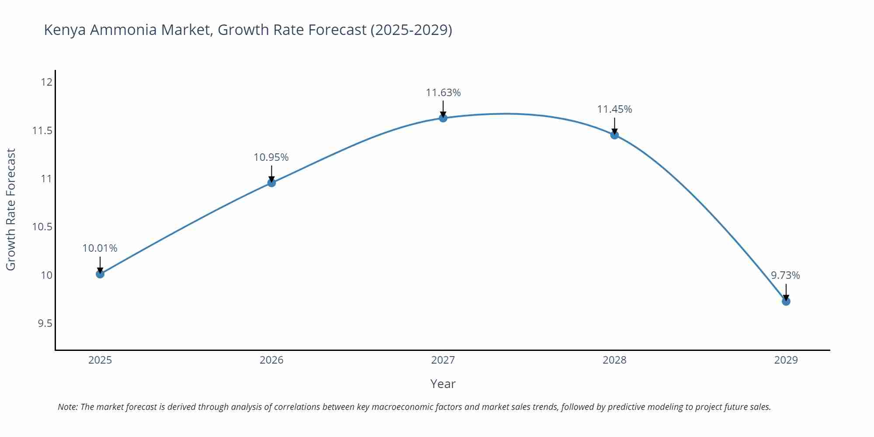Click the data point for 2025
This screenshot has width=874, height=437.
pyautogui.click(x=100, y=274)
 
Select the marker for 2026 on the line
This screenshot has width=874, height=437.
pyautogui.click(x=271, y=183)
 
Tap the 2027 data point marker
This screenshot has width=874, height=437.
pyautogui.click(x=443, y=118)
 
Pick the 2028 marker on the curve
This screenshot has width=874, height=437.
pyautogui.click(x=614, y=135)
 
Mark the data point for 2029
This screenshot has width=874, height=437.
pyautogui.click(x=786, y=301)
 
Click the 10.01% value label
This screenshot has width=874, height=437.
pyautogui.click(x=100, y=248)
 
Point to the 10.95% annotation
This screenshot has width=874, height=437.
pyautogui.click(x=271, y=157)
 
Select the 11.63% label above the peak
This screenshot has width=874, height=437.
pyautogui.click(x=443, y=93)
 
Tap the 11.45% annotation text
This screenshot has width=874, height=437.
pyautogui.click(x=614, y=109)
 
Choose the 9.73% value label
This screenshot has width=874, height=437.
pyautogui.click(x=785, y=275)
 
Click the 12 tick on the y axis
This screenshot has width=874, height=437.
pyautogui.click(x=47, y=82)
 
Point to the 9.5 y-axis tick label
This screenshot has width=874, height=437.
pyautogui.click(x=45, y=323)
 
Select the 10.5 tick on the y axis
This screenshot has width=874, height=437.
pyautogui.click(x=42, y=227)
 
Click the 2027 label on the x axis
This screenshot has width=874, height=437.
pyautogui.click(x=443, y=360)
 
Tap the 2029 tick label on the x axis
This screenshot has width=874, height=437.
pyautogui.click(x=786, y=360)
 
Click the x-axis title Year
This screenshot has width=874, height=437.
pyautogui.click(x=443, y=384)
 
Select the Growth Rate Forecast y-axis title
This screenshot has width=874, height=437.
pyautogui.click(x=11, y=209)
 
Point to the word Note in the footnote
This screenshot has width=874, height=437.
pyautogui.click(x=67, y=407)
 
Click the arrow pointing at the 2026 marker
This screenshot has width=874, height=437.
pyautogui.click(x=271, y=173)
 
